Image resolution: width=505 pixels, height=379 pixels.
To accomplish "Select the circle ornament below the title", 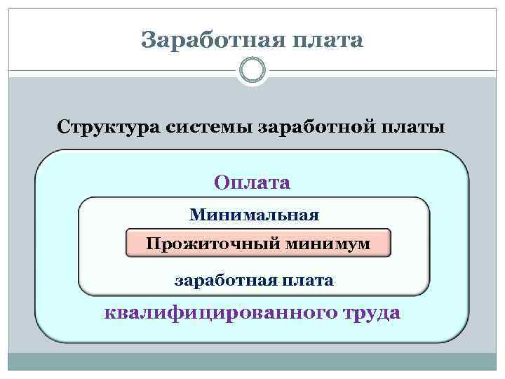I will click(x=252, y=70).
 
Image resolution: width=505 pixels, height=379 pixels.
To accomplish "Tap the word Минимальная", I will click(x=254, y=213).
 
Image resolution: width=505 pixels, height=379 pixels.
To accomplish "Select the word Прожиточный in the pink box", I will click(x=214, y=244).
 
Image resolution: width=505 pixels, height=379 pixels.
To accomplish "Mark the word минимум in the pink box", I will click(x=328, y=244).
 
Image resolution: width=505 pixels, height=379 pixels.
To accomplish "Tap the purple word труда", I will click(x=372, y=312).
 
